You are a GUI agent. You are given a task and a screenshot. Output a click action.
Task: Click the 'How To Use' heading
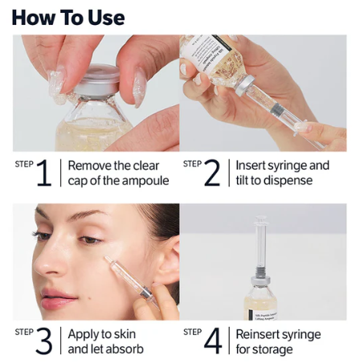coord(69,17)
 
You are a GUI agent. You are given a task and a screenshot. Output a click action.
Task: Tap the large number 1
coord(44,174)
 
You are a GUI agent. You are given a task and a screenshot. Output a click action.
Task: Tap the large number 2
coord(213,174)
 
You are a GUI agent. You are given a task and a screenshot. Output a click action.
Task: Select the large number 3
coord(44,342)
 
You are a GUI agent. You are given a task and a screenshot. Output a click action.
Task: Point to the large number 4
coord(213,342)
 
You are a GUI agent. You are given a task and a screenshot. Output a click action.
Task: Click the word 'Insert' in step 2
coord(252,166)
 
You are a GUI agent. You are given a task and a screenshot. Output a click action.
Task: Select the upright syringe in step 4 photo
coord(261,249)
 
